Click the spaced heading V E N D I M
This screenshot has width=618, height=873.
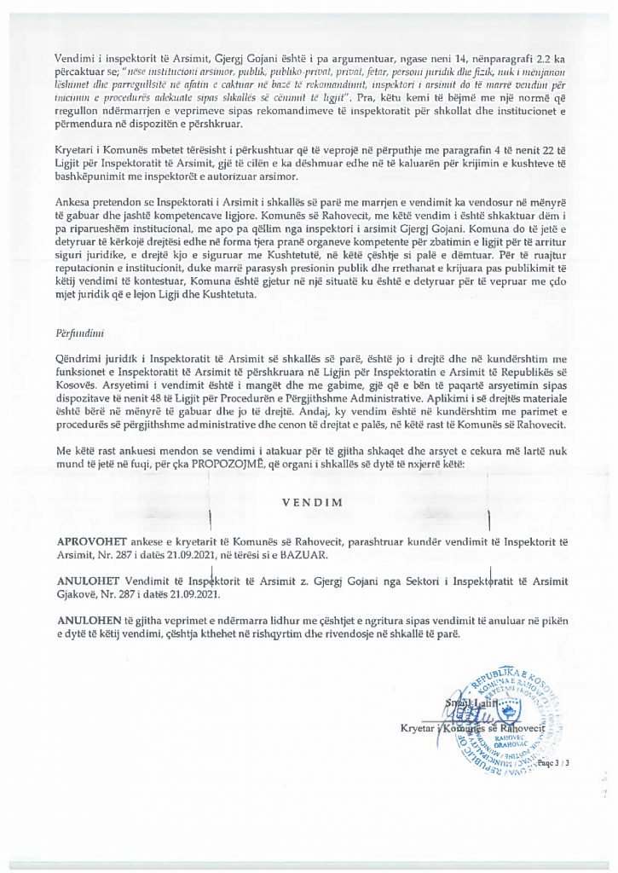[x=313, y=502]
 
